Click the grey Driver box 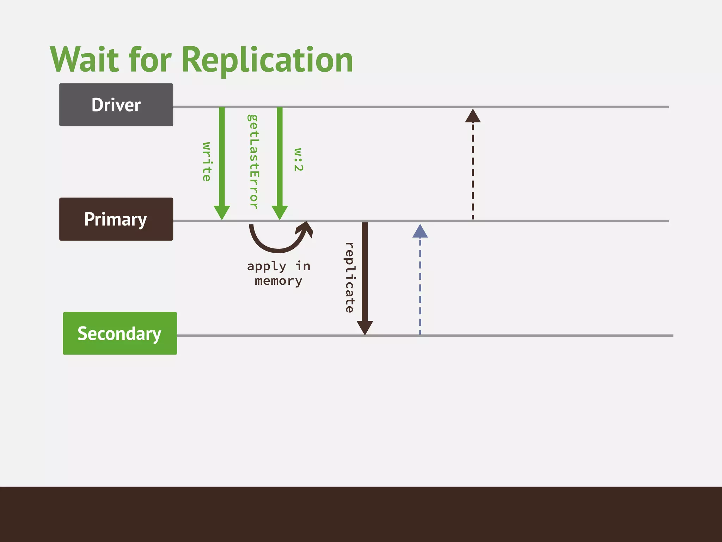[116, 105]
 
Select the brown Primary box [116, 219]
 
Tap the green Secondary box [120, 333]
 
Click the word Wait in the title [84, 60]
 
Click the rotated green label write [207, 162]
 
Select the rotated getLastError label [253, 162]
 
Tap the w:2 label [298, 159]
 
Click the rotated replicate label [349, 277]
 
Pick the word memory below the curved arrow [279, 281]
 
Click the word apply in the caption [267, 266]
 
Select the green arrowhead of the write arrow [222, 212]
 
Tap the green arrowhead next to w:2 [280, 212]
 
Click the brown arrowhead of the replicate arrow [365, 327]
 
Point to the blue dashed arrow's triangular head [420, 232]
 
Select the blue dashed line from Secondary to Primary [420, 286]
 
